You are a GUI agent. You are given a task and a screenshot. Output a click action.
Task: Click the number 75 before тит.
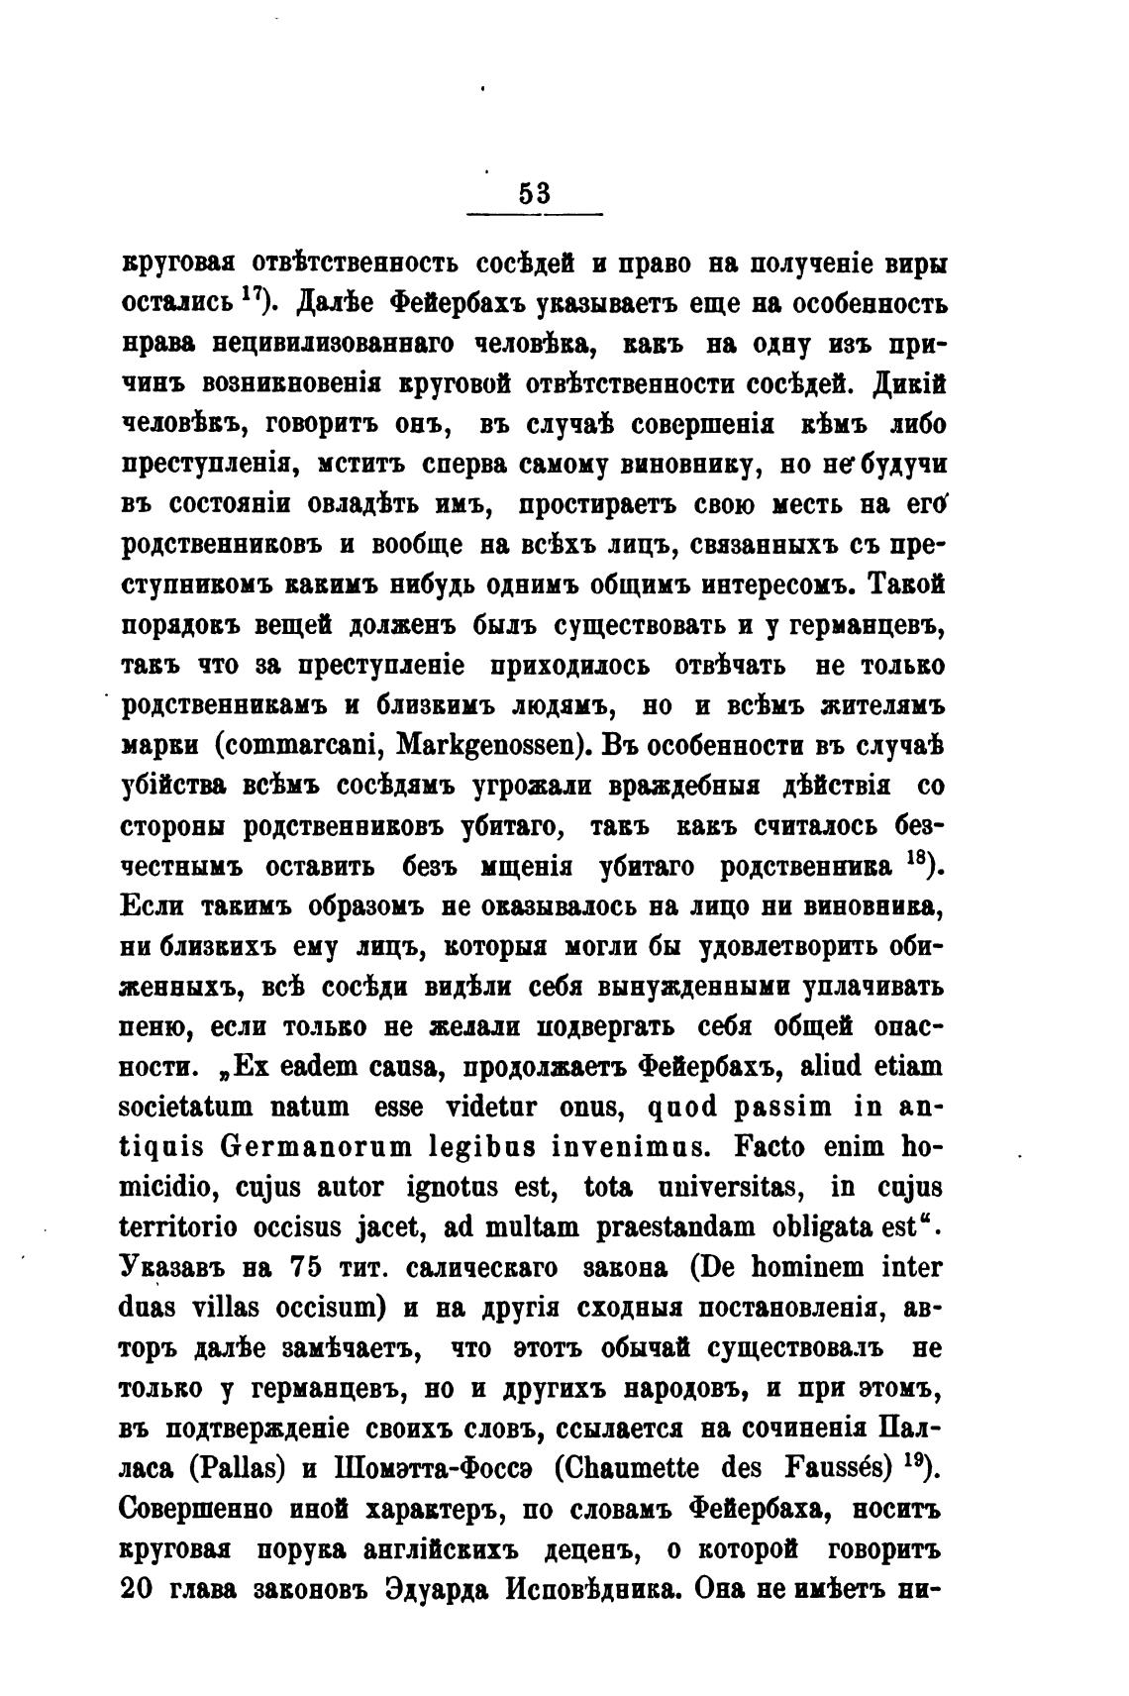pos(312,1268)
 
